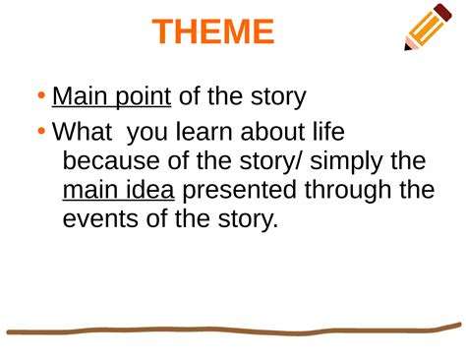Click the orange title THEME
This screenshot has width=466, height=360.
[213, 32]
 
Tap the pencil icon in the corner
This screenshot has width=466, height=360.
[429, 27]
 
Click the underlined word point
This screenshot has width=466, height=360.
[140, 97]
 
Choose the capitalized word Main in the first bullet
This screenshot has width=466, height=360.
[77, 97]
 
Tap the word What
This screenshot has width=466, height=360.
[81, 131]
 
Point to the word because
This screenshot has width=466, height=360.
[111, 160]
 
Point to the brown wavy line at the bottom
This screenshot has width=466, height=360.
[233, 330]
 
